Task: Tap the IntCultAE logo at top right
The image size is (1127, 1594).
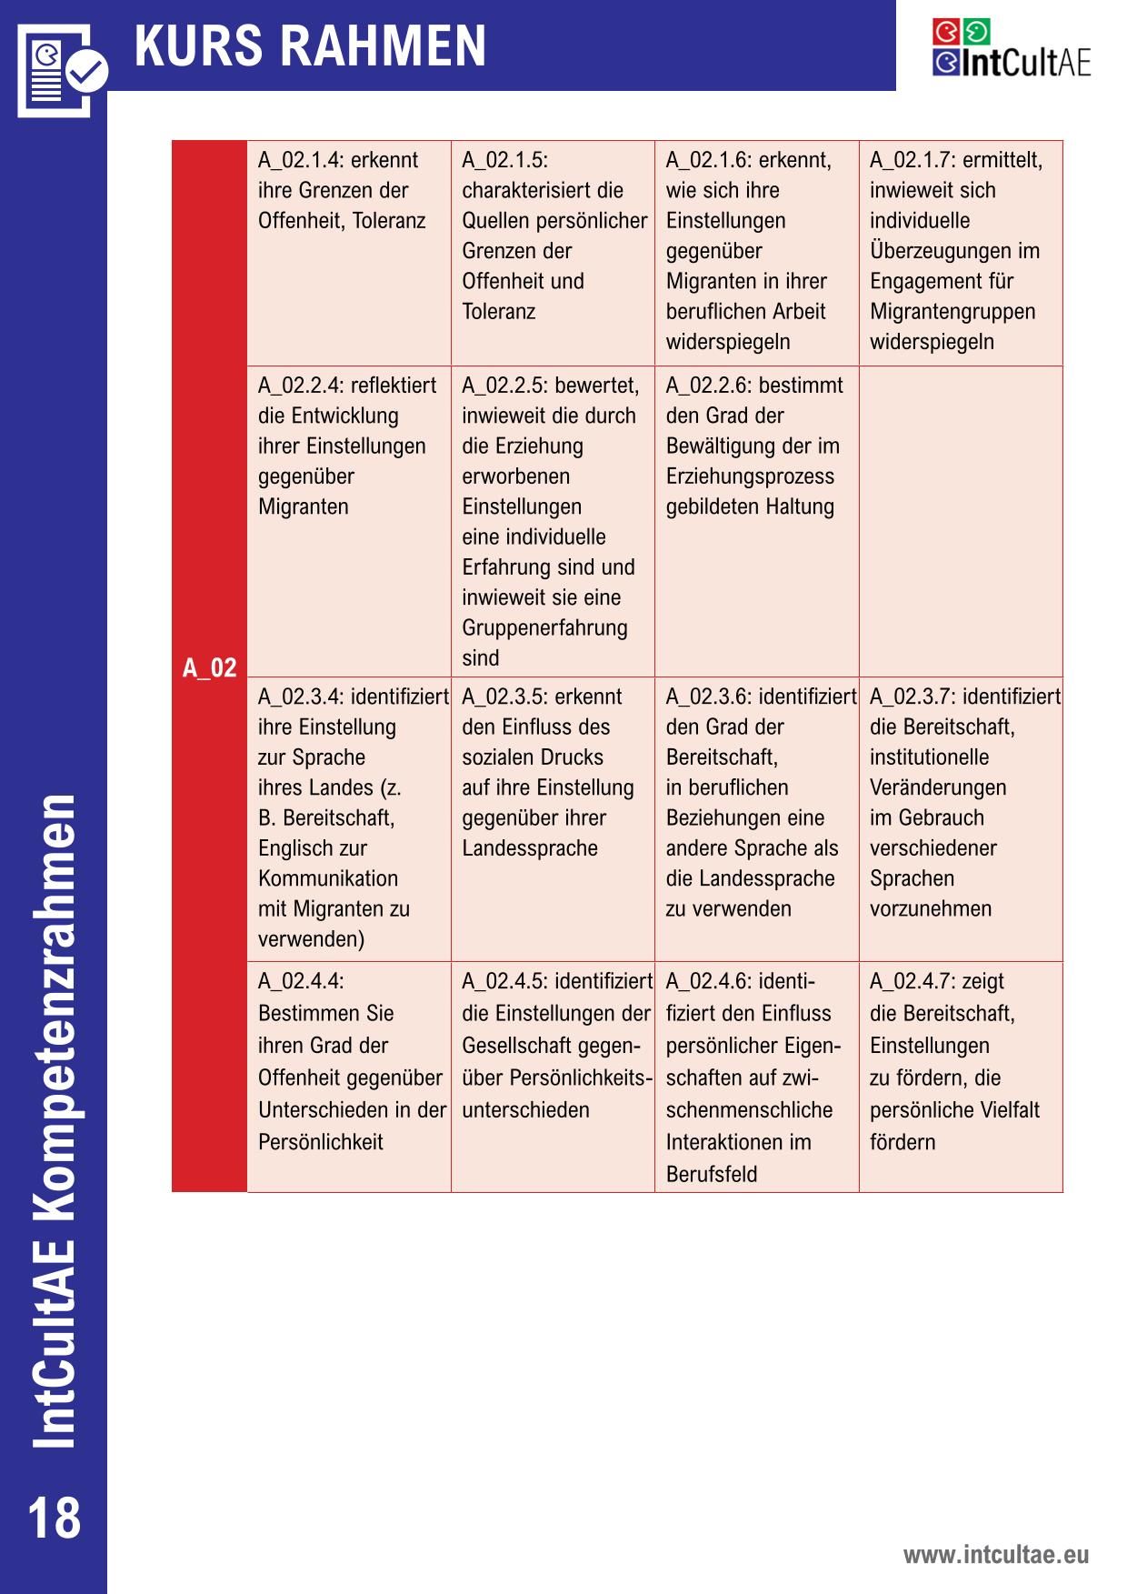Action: (x=1011, y=48)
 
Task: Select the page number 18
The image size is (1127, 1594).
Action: (x=55, y=1518)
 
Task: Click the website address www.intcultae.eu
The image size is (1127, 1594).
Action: (x=995, y=1554)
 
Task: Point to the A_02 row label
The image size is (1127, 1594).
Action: (x=209, y=668)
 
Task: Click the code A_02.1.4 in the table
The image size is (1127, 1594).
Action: (x=299, y=161)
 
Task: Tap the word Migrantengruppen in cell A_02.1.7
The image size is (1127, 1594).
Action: (x=952, y=312)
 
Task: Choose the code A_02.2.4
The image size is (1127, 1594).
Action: (x=299, y=386)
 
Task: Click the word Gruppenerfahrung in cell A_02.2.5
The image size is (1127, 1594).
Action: (x=544, y=628)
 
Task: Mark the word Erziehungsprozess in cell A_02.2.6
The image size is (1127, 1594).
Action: (x=750, y=476)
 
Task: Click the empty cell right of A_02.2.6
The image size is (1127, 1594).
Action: (x=961, y=521)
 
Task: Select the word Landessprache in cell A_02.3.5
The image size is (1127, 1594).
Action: (x=530, y=848)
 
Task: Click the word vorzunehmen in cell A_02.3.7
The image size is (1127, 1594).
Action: (x=931, y=909)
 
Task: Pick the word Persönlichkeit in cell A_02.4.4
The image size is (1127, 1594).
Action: (x=321, y=1142)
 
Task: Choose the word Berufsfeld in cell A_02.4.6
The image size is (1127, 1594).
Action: (x=712, y=1175)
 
